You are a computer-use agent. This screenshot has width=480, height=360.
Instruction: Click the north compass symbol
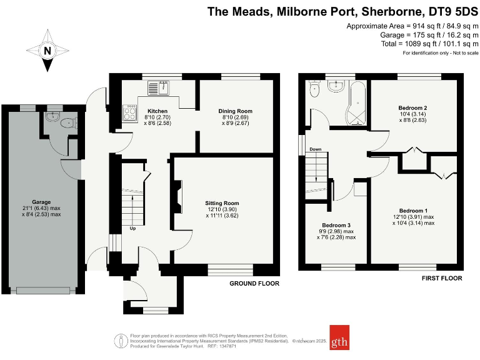click(x=47, y=49)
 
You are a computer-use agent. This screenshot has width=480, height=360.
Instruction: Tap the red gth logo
click(x=339, y=337)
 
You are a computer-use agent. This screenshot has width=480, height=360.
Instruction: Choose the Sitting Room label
click(x=222, y=203)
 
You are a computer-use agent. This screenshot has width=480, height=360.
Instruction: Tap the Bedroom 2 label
click(x=413, y=108)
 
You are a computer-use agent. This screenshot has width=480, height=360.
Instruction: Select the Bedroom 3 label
click(x=336, y=225)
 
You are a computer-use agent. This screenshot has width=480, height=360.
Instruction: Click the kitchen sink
click(x=159, y=88)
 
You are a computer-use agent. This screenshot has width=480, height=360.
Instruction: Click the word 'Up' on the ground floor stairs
click(x=132, y=228)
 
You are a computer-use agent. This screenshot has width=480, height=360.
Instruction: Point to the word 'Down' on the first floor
click(x=316, y=149)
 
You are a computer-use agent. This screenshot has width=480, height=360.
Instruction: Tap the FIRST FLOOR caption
click(x=441, y=278)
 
